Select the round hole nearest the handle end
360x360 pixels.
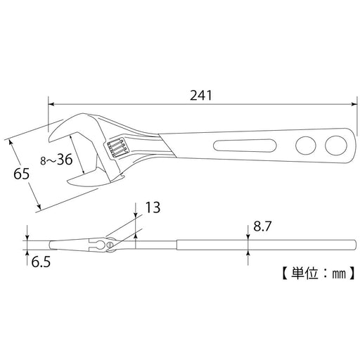(x=333, y=146)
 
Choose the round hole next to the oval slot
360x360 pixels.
(x=305, y=146)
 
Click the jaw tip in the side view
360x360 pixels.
(x=51, y=245)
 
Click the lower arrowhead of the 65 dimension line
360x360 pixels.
(x=39, y=207)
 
